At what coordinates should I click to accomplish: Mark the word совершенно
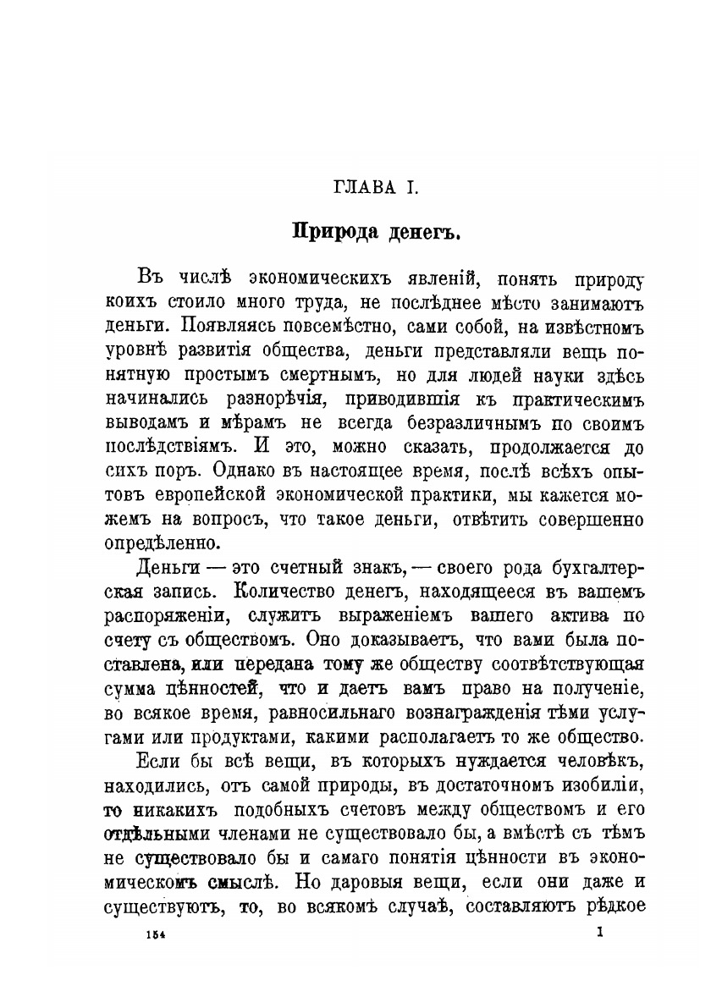587,515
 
